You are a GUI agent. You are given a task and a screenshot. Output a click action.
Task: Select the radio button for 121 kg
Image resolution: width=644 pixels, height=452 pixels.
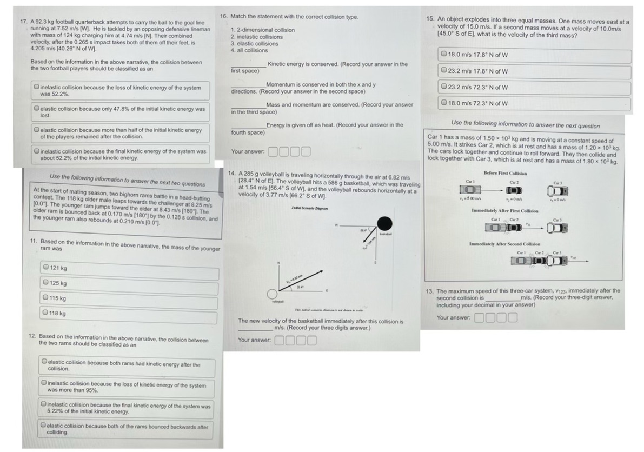point(45,269)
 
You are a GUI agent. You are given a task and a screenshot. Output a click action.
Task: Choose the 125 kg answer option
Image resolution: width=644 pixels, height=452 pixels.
point(45,283)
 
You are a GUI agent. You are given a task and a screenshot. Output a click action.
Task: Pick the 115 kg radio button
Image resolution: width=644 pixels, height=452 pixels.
point(45,298)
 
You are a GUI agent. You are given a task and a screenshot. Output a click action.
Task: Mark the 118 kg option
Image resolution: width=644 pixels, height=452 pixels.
point(45,313)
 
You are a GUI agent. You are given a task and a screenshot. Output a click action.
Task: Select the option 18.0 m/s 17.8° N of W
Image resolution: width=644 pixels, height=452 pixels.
point(444,55)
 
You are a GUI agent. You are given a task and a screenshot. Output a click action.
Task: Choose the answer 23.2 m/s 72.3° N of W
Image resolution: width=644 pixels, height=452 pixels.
point(444,87)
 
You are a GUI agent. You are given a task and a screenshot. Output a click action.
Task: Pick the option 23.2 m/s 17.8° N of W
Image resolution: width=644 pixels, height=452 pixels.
point(444,71)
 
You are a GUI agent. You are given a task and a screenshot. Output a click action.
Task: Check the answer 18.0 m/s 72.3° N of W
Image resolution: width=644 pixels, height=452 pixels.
point(444,103)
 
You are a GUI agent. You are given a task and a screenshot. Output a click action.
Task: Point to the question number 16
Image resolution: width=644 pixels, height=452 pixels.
point(224,17)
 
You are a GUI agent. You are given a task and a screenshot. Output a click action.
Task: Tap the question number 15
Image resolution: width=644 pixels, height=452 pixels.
point(430,18)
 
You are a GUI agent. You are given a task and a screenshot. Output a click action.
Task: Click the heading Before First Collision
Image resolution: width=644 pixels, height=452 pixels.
point(505,172)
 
